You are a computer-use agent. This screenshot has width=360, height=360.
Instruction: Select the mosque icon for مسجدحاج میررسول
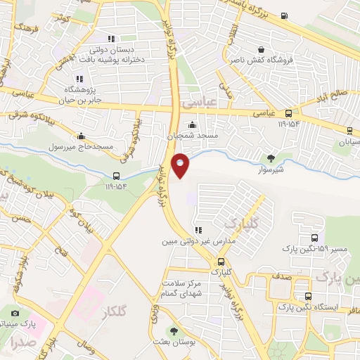(82, 136)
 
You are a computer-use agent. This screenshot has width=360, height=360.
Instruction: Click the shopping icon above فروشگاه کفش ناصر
(262, 51)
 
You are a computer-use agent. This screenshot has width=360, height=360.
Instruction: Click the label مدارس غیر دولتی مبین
(198, 240)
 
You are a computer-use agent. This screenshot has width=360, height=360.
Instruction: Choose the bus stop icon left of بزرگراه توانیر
(117, 176)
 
